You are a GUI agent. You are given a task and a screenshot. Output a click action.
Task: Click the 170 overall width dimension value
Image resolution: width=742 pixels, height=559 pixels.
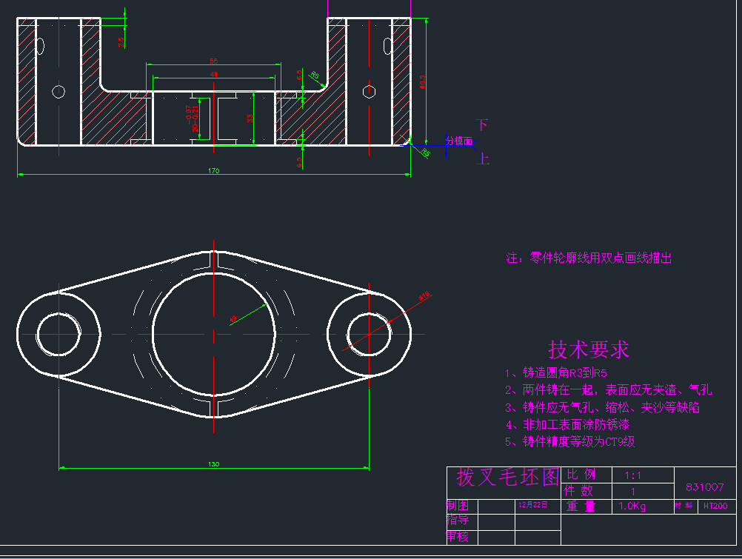click(x=214, y=171)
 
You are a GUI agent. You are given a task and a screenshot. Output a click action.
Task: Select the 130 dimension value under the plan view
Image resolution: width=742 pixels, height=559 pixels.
click(x=214, y=464)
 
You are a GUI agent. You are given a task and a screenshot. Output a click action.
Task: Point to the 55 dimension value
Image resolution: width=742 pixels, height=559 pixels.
click(x=213, y=61)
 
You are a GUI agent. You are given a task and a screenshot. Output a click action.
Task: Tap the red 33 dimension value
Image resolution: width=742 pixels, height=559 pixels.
click(x=250, y=118)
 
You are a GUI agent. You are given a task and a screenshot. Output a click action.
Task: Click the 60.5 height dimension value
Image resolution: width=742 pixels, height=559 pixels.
click(x=423, y=81)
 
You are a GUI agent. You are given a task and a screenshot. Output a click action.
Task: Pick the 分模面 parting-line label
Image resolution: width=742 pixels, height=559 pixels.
click(x=459, y=141)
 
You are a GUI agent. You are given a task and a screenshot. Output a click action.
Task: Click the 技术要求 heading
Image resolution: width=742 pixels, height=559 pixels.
click(x=589, y=349)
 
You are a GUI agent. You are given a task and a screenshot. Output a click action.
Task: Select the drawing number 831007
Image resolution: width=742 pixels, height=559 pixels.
click(x=704, y=487)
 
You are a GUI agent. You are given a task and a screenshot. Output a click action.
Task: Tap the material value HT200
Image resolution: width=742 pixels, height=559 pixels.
click(x=715, y=506)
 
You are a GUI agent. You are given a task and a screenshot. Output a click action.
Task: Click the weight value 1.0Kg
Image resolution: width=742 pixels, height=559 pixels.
click(x=632, y=506)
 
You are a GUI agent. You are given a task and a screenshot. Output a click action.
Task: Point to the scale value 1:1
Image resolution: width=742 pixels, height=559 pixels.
click(x=632, y=475)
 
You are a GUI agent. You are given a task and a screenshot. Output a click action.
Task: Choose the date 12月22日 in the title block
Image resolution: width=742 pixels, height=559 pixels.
click(x=533, y=505)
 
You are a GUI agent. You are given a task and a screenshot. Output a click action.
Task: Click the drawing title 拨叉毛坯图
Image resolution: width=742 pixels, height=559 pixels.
click(x=507, y=478)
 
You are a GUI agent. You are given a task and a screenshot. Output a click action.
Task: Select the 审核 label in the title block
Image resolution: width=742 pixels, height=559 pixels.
click(x=458, y=537)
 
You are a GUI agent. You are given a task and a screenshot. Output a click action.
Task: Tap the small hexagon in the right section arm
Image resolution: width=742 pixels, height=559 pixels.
click(x=369, y=92)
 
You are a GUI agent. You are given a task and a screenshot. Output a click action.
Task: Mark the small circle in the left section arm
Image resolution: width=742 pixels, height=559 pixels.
click(x=59, y=92)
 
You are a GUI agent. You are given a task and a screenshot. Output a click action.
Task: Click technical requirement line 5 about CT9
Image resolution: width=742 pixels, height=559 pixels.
click(x=569, y=441)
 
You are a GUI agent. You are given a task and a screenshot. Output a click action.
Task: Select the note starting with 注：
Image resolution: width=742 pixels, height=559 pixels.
click(x=589, y=258)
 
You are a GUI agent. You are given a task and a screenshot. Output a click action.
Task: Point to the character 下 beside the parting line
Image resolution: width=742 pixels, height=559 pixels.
click(x=483, y=124)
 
